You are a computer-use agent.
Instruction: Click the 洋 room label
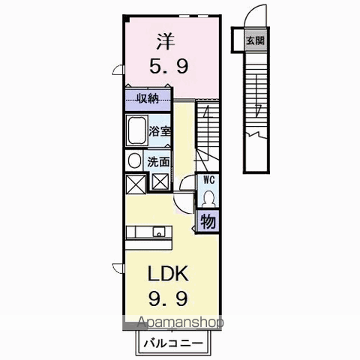tap(166, 41)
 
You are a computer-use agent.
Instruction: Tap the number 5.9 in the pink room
tap(169, 66)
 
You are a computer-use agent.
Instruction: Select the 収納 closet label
tap(148, 98)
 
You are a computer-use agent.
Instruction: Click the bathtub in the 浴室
tap(136, 130)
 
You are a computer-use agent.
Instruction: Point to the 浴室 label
tap(160, 131)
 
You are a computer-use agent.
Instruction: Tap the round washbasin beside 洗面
tap(134, 160)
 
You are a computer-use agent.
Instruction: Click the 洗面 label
tap(158, 162)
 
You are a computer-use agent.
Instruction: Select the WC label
tap(208, 180)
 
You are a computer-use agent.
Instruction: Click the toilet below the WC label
tap(208, 199)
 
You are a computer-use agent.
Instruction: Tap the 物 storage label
tap(208, 221)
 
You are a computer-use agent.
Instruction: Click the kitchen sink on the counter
tap(159, 232)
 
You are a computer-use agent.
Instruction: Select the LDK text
tap(168, 274)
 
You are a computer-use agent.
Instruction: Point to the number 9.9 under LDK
tap(168, 298)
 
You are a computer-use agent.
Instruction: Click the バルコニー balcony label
tap(173, 343)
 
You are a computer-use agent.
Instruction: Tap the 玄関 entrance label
tap(255, 40)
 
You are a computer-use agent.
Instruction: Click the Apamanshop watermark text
tap(180, 322)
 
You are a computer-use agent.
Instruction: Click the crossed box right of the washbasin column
tap(160, 181)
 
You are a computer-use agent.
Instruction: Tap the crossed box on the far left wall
tap(136, 184)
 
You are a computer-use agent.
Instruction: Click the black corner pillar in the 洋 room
tap(126, 19)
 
